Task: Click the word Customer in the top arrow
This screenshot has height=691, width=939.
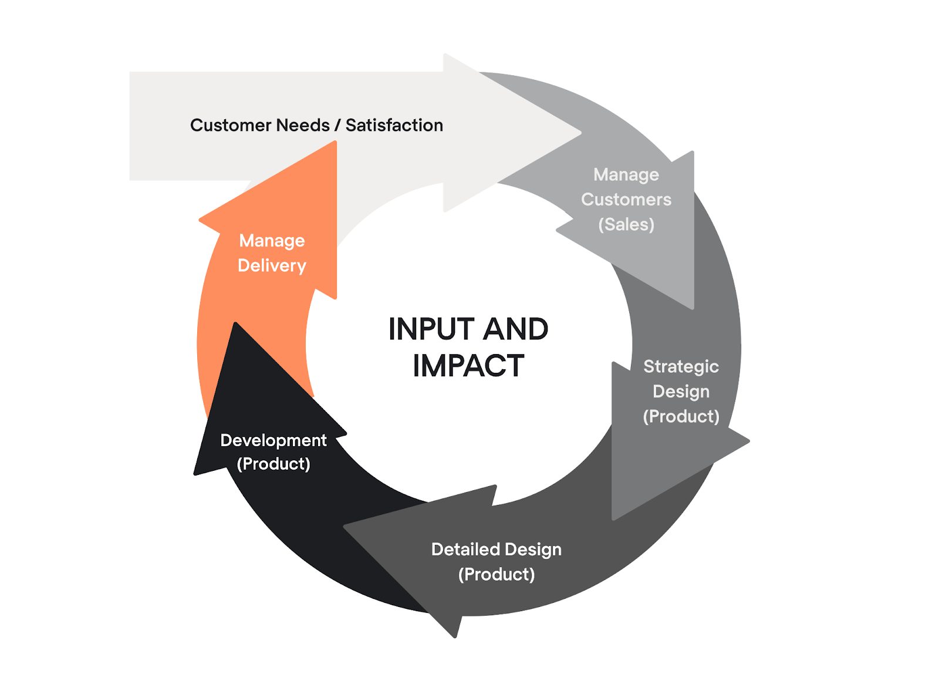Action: point(231,125)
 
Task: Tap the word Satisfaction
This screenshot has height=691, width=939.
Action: point(394,125)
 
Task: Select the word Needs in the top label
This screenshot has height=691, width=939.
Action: point(303,125)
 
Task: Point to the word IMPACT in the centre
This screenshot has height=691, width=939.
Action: point(468,366)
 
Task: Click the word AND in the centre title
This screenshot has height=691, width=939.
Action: point(516,329)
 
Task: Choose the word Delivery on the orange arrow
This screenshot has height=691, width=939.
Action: point(272,266)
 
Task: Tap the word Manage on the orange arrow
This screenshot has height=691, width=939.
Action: point(272,241)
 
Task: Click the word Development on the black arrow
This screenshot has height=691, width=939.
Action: point(273,440)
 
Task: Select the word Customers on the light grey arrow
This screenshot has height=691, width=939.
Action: point(626,200)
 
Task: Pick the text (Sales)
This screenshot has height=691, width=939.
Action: point(626,224)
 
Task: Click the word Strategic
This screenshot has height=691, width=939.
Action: point(681,366)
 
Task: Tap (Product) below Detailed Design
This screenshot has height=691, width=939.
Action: point(496,574)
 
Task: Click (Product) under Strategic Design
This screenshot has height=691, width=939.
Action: point(681,416)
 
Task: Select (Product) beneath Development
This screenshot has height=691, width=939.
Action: point(273,464)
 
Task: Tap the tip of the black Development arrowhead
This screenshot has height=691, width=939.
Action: point(235,323)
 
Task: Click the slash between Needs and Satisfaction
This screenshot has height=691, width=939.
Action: point(337,125)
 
